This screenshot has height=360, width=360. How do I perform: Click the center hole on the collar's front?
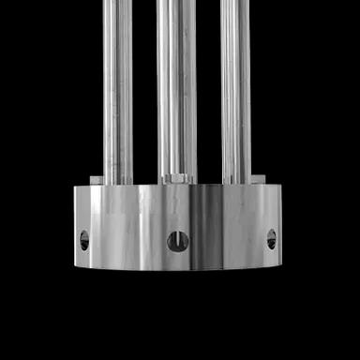point(177,242)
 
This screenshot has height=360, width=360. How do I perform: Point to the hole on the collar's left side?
point(84,240)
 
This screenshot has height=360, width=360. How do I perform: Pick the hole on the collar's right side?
point(271,239)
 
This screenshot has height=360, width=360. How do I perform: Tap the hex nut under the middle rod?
point(178,178)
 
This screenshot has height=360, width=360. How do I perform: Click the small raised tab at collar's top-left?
point(97,179)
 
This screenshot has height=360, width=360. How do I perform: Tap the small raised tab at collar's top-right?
point(259,179)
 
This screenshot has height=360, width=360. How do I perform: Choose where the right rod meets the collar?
point(235,182)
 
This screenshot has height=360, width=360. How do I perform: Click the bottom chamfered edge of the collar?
point(178,269)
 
